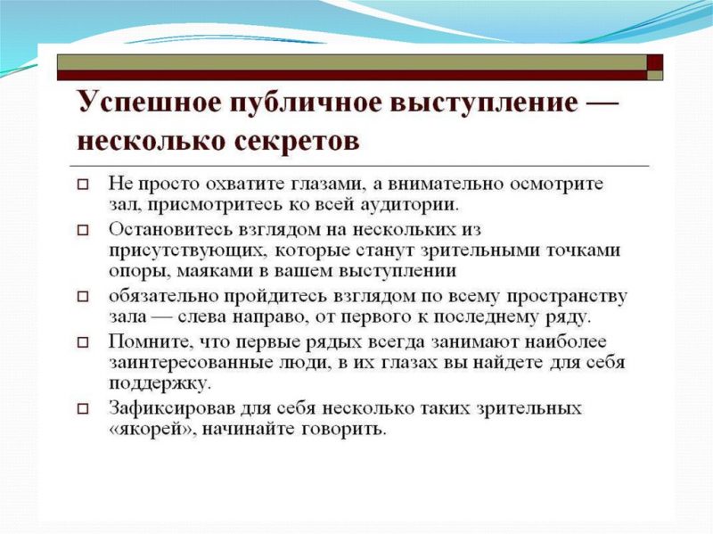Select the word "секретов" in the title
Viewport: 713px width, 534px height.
[x=298, y=141]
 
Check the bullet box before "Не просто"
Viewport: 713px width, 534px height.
[x=83, y=185]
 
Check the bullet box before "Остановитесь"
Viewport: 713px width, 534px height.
[x=83, y=231]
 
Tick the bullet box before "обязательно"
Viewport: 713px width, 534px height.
[x=83, y=297]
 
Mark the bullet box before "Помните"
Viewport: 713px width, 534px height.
[x=83, y=342]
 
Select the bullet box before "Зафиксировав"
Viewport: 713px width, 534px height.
[x=83, y=409]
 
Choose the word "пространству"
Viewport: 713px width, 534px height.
[x=567, y=297]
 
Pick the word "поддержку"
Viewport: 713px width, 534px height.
[x=160, y=384]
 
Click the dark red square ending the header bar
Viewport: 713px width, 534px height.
[x=655, y=62]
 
